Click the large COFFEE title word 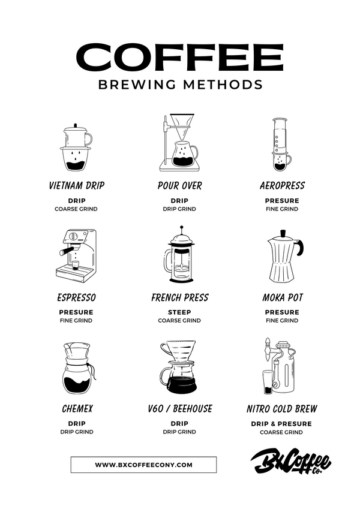coord(179,58)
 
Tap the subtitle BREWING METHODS coord(181,85)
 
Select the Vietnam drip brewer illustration coord(76,147)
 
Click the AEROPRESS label coord(282,186)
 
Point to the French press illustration coord(179,254)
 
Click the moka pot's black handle coord(300,248)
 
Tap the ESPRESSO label coord(76,297)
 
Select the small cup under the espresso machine coord(76,265)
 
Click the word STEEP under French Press coord(179,312)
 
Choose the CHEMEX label coord(77,409)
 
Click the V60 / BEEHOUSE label coord(179,409)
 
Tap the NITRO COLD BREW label coord(281,409)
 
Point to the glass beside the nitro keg coord(268,382)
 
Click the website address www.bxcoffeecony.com coord(143,465)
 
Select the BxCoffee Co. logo coord(290,461)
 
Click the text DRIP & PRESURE coord(281,424)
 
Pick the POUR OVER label coord(179,186)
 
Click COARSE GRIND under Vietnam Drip coord(76,209)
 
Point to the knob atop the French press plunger coord(181,227)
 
